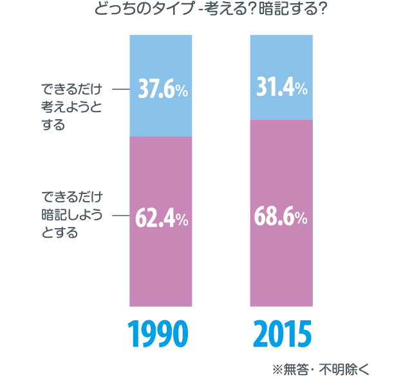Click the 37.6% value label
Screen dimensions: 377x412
click(163, 90)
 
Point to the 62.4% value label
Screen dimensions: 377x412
click(162, 218)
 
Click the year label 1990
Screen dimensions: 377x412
click(160, 334)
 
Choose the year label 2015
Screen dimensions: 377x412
click(281, 334)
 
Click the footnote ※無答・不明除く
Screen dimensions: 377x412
click(320, 369)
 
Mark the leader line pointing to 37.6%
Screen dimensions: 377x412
click(121, 90)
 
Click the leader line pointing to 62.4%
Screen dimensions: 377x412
click(121, 215)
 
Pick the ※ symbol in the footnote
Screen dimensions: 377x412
click(277, 369)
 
